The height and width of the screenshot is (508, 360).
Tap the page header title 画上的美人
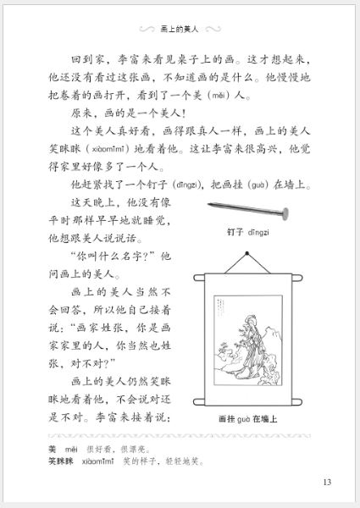coord(179,28)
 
